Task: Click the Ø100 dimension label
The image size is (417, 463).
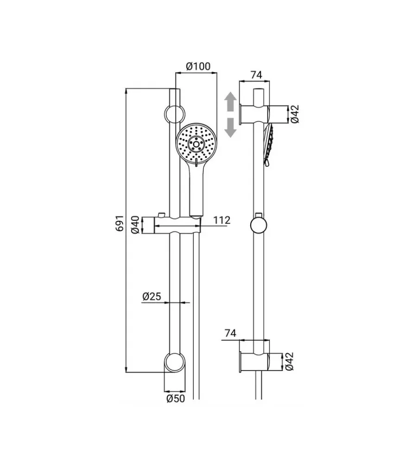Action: click(x=198, y=66)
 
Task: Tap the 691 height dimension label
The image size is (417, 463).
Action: click(x=120, y=223)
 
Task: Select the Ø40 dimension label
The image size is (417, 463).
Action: click(x=135, y=225)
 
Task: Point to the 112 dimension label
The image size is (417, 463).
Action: click(x=221, y=220)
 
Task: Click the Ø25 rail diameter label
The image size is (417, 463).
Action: click(x=152, y=296)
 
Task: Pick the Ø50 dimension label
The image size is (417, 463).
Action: click(x=176, y=399)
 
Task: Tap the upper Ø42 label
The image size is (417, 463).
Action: click(x=295, y=114)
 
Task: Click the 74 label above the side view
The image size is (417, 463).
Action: click(x=256, y=75)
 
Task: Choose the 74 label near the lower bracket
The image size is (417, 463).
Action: click(x=231, y=333)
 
